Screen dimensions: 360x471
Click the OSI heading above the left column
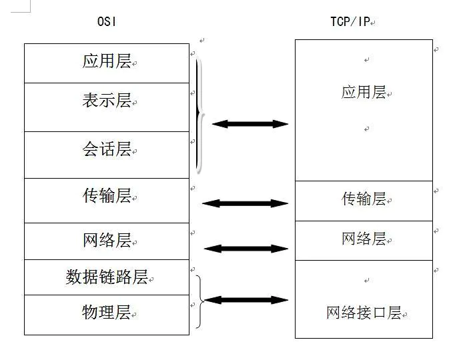pos(107,21)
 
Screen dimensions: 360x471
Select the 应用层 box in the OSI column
pos(107,63)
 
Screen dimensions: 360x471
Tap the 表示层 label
pos(107,101)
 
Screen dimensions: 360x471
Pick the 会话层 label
pos(107,149)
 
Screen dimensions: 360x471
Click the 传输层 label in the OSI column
pos(107,196)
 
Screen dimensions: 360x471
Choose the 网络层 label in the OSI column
pos(107,241)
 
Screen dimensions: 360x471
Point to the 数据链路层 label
pos(107,277)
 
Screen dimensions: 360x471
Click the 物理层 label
pos(107,313)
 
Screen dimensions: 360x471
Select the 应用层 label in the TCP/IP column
pos(364,93)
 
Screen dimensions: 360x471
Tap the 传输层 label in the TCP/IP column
pos(364,199)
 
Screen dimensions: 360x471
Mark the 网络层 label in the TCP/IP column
pos(364,239)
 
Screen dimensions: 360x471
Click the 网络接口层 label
pos(364,313)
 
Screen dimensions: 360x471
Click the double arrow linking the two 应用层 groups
pos(250,124)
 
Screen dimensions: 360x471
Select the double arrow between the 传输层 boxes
pos(245,203)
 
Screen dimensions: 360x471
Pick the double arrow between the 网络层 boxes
pos(245,249)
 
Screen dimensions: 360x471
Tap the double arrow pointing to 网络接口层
pos(245,300)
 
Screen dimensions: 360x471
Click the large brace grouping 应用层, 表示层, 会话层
pos(199,114)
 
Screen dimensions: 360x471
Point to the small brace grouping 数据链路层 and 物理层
pos(199,301)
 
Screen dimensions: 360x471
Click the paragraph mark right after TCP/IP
pos(374,23)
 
